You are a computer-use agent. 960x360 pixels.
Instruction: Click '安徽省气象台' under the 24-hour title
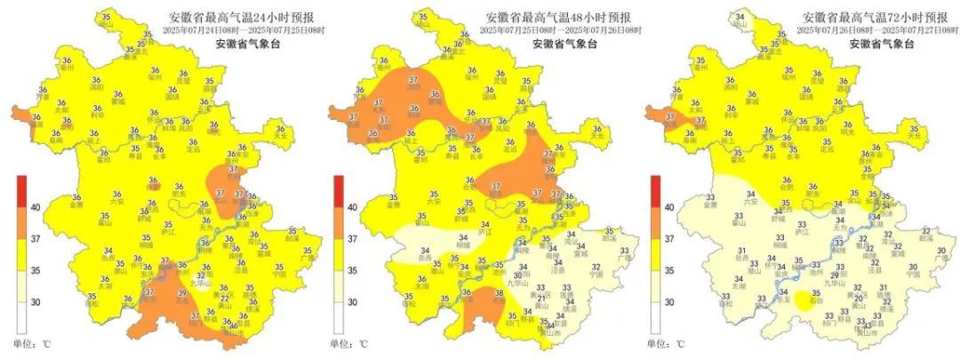coord(245,44)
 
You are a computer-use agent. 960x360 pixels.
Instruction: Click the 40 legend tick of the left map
coord(36,207)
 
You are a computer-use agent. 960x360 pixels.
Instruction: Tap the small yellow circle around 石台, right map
coord(805,302)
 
